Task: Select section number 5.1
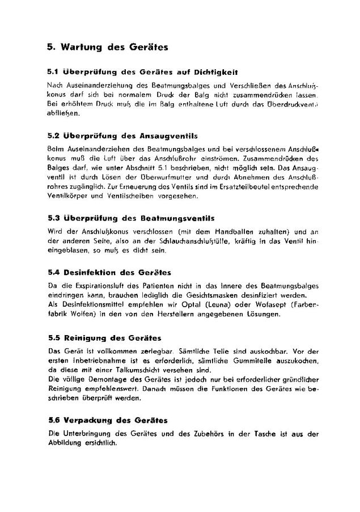[x=53, y=72]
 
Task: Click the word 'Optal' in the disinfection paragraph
[x=189, y=304]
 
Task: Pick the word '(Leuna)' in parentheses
[x=216, y=304]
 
